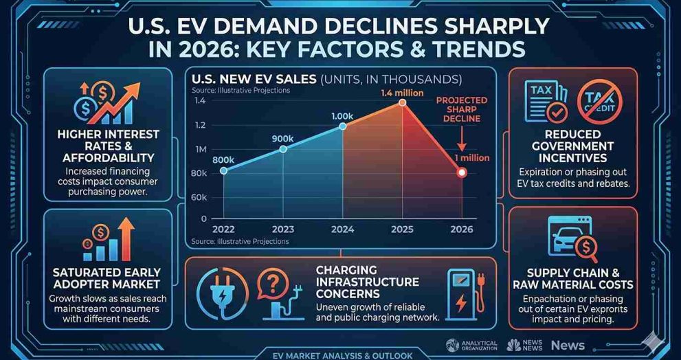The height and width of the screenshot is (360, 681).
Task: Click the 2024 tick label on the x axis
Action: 342,230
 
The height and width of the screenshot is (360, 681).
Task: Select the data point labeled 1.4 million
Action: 402,103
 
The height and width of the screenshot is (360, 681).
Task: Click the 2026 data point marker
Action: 462,172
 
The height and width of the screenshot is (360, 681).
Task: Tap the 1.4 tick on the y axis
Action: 200,101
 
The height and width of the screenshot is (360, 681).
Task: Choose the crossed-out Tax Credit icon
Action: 599,101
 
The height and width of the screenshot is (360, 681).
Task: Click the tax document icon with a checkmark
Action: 545,100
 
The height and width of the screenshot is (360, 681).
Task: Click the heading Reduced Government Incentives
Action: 572,146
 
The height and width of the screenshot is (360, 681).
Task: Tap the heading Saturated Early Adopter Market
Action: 107,278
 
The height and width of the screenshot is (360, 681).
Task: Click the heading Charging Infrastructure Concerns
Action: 367,282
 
